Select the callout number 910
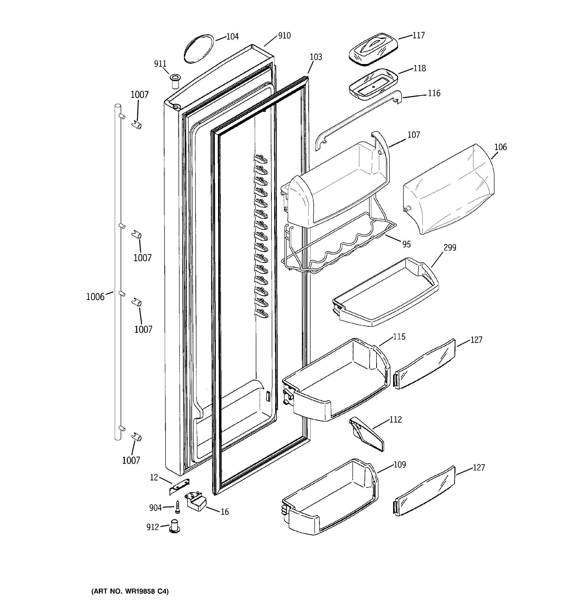click(x=284, y=36)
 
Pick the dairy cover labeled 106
click(x=448, y=191)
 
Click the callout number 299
click(x=450, y=247)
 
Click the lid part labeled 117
click(x=373, y=49)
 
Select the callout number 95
click(x=406, y=244)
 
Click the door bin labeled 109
click(x=330, y=498)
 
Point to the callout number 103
click(x=316, y=57)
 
